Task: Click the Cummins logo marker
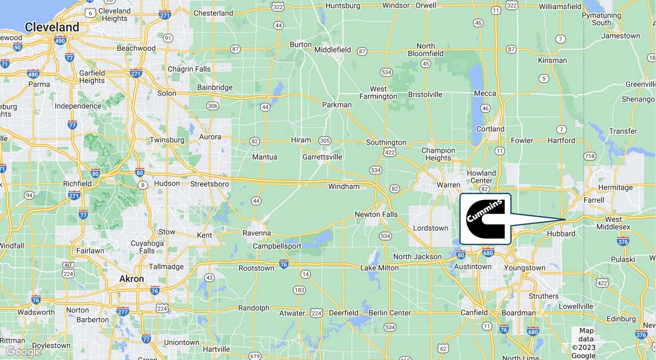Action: [x=485, y=219]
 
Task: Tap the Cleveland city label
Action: [x=52, y=27]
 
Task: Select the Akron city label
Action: [x=132, y=279]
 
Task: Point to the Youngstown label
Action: [x=524, y=268]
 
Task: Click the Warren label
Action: [x=448, y=185]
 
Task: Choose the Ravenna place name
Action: [x=256, y=233]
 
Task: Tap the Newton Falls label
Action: [x=376, y=214]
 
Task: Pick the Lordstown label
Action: [x=430, y=228]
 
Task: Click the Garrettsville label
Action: [x=322, y=157]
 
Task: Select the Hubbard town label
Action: [x=561, y=234]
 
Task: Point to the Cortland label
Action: [x=490, y=129]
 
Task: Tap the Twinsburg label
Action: [x=167, y=140]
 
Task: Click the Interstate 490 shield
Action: [x=60, y=41]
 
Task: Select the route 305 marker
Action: [x=324, y=140]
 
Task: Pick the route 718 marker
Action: [x=590, y=156]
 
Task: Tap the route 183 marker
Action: [x=299, y=290]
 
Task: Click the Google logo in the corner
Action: [x=24, y=352]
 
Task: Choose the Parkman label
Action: [x=337, y=105]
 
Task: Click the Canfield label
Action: [x=474, y=312]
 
